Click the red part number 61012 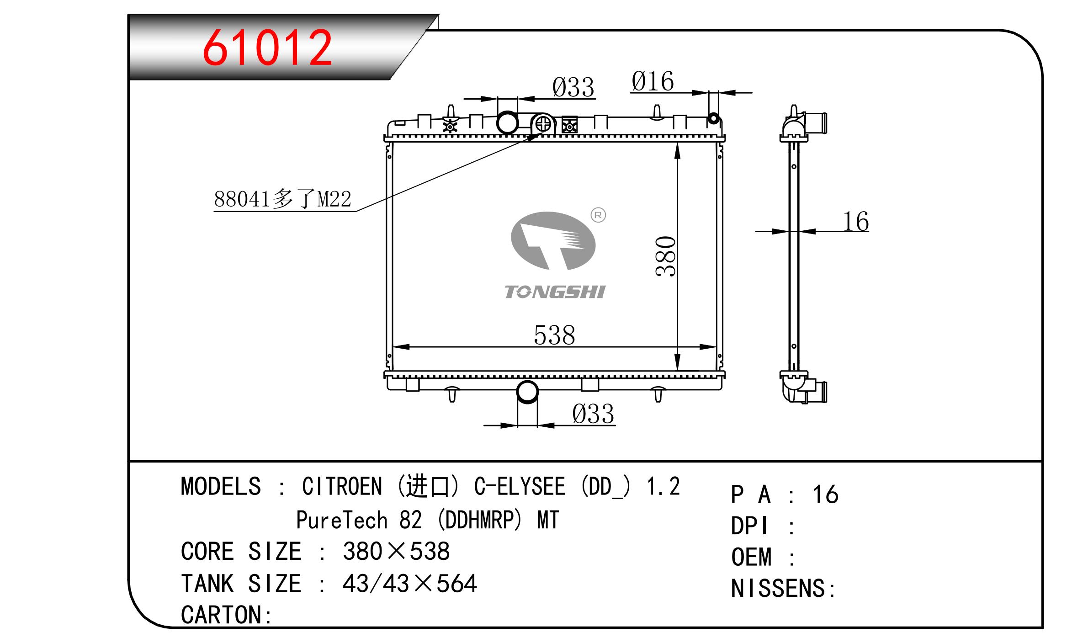click(x=267, y=48)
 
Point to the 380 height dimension click(x=665, y=256)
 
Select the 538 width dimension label click(x=554, y=335)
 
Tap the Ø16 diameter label click(x=653, y=81)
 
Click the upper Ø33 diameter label click(x=573, y=87)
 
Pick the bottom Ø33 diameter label click(x=593, y=414)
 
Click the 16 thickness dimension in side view click(x=855, y=222)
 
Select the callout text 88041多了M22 click(x=282, y=199)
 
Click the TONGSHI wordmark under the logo click(x=555, y=292)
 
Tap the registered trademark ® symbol click(x=598, y=215)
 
